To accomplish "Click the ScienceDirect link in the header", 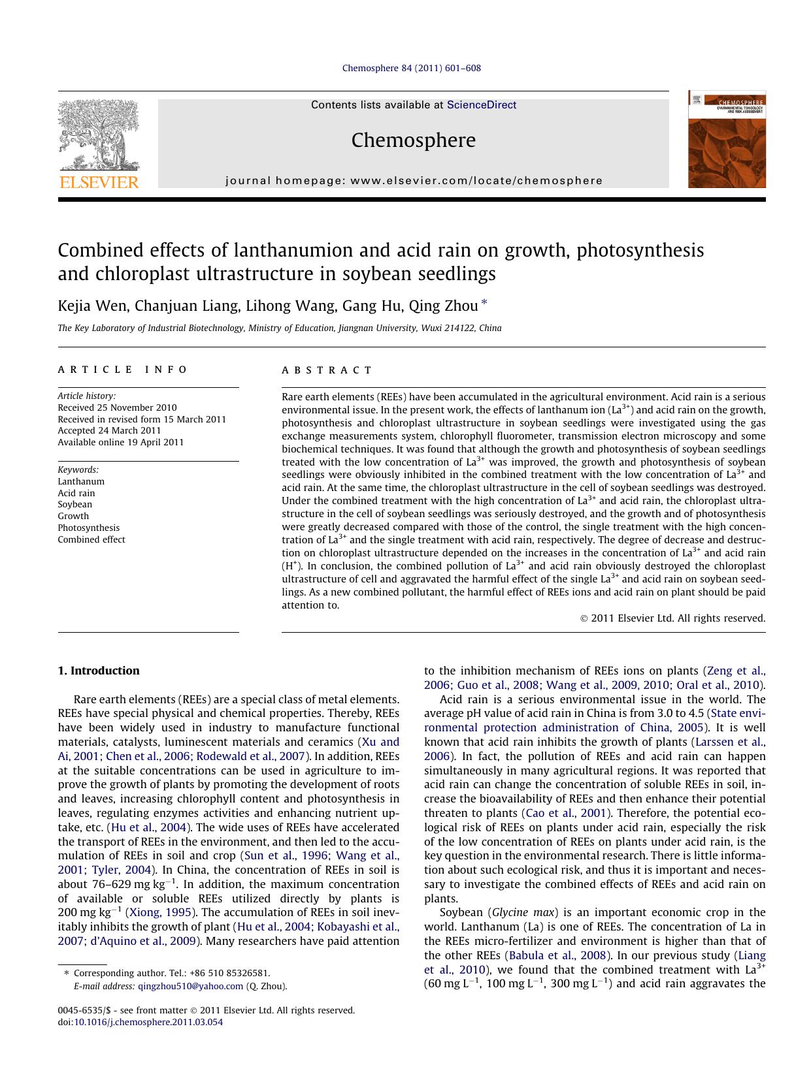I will [481, 104].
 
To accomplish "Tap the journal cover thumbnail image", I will [726, 140].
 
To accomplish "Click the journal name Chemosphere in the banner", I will [413, 140].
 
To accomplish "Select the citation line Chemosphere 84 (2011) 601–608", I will [411, 68].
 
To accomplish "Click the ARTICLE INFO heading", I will [122, 370].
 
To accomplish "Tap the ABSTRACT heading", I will [327, 370].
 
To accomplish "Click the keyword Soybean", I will [74, 504].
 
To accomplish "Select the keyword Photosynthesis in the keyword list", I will [88, 528].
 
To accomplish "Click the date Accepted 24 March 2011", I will [109, 430].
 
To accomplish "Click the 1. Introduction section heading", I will [98, 671].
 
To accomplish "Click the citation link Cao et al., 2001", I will [567, 813].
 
